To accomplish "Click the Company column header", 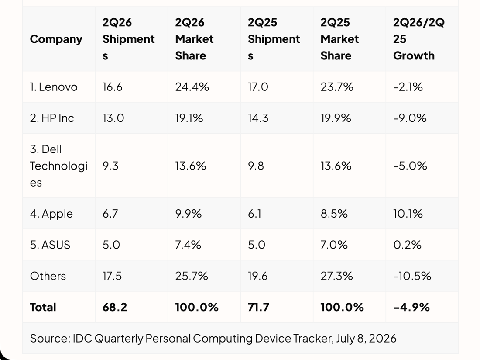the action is pos(56,39).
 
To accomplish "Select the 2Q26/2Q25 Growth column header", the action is pos(419,39).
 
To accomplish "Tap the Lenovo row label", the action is pos(54,87).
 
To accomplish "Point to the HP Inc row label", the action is pos(52,118).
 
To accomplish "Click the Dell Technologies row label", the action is pos(59,166).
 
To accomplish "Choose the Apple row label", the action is pos(51,214).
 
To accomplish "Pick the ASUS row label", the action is pos(50,245).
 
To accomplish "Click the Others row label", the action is pos(48,276).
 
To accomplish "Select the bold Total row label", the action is pos(43,307).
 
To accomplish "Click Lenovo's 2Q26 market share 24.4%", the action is pos(192,87).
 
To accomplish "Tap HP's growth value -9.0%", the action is pos(410,118).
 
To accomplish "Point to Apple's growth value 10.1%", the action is pos(408,214).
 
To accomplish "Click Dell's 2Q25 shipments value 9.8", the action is pos(256,166).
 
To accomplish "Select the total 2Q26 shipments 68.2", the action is pos(115,307).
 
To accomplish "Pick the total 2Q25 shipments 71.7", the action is pos(258,307).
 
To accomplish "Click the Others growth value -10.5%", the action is pos(412,276).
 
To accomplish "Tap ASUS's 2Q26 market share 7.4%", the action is pos(188,245).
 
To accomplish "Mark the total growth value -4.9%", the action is pos(412,307).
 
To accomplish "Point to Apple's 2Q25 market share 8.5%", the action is pos(334,214).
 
